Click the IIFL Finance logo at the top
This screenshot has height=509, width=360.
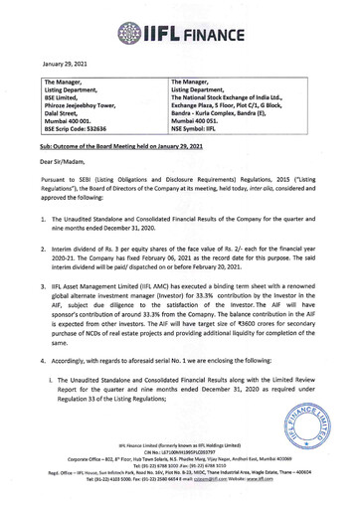pos(179,16)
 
